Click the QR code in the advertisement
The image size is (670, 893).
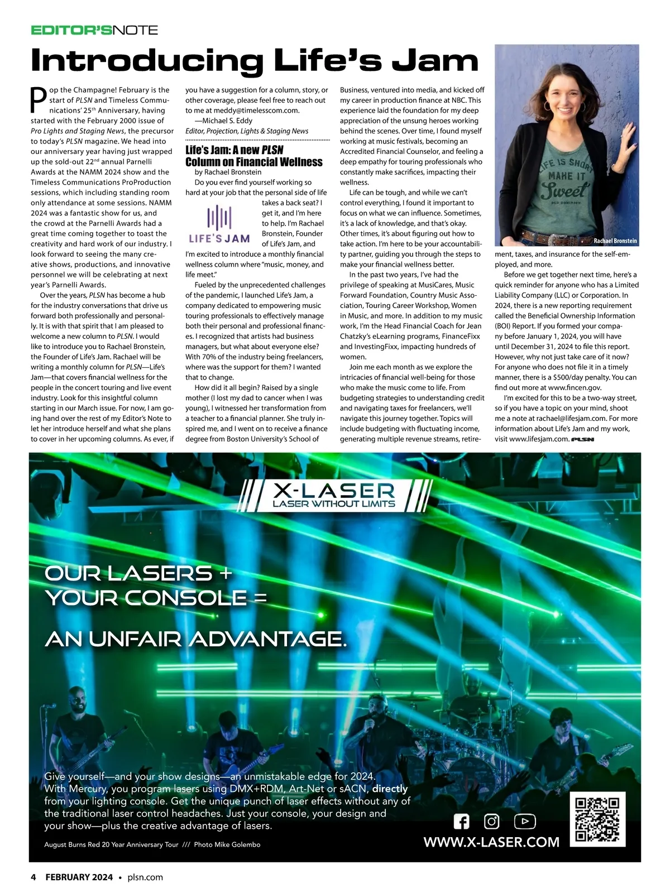597,819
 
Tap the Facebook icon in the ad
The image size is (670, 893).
462,822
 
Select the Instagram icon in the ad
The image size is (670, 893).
491,822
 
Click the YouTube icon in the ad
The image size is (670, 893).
524,822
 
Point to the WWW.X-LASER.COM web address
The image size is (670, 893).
491,842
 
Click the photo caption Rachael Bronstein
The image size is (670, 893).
615,241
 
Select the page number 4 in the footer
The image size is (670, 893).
33,877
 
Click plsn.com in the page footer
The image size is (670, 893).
145,877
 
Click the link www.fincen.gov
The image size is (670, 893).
575,387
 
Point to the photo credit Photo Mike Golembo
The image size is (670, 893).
227,844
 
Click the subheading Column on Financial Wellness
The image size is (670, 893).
254,162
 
